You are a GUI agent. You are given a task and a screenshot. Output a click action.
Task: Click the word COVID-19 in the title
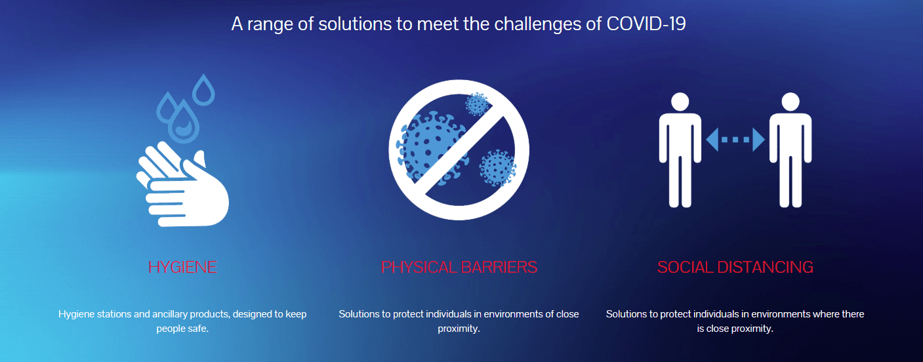coord(646,24)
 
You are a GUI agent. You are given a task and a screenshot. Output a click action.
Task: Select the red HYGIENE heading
coord(182,268)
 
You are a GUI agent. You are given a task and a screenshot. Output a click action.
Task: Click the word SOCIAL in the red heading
coord(685,268)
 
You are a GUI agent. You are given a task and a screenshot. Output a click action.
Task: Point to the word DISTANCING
coord(765,268)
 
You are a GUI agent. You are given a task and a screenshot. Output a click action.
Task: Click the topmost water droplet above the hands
coord(203,90)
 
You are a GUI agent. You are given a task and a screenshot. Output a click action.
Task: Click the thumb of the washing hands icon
coord(200,159)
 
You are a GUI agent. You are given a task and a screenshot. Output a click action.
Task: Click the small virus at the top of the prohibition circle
coord(477,104)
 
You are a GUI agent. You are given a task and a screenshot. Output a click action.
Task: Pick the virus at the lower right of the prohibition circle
coord(497,168)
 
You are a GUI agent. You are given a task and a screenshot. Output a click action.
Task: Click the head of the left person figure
coord(680,102)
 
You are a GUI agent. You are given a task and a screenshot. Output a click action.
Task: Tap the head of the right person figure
coord(790,102)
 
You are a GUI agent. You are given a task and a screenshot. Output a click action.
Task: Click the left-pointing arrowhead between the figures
coord(712,140)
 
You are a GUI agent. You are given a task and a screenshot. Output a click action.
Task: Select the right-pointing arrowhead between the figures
coord(758,140)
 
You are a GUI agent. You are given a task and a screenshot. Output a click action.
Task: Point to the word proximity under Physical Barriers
coord(459,329)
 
